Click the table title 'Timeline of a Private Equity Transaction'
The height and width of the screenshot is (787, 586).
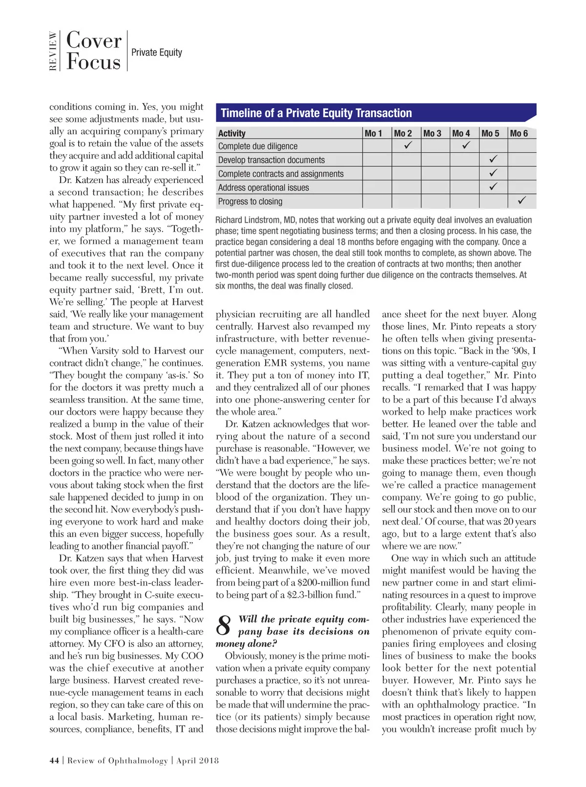(x=316, y=113)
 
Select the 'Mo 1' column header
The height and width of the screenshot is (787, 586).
(x=374, y=133)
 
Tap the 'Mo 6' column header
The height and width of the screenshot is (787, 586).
(x=519, y=133)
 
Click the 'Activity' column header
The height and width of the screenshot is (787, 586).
(x=232, y=133)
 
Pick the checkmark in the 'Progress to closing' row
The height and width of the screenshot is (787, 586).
(x=522, y=201)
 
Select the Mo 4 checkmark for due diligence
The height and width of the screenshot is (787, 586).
(x=465, y=145)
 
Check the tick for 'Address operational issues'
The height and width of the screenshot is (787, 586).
(x=494, y=187)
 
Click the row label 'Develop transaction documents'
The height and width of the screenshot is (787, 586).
(x=271, y=160)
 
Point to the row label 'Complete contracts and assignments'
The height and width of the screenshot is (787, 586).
(x=281, y=174)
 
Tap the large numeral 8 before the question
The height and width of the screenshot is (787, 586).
(x=224, y=626)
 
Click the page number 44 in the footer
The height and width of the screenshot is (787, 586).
(x=54, y=760)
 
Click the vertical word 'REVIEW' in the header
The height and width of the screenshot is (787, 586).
(x=53, y=51)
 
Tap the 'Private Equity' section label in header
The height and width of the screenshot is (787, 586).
(x=156, y=52)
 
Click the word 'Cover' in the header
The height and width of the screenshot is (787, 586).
(x=94, y=40)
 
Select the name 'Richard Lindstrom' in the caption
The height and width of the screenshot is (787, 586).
(x=247, y=220)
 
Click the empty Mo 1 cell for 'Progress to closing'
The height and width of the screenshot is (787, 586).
(x=377, y=201)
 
